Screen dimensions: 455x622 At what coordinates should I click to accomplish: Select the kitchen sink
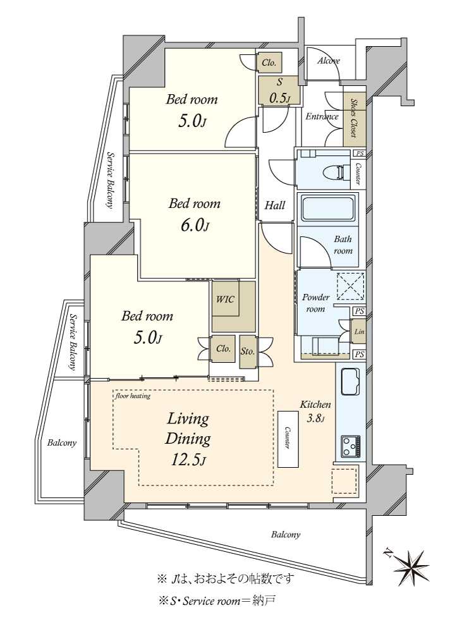click(350, 382)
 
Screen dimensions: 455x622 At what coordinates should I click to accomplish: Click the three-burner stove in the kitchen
click(351, 446)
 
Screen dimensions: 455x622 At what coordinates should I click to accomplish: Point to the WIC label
click(225, 299)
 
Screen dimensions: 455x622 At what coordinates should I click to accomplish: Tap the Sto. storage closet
click(248, 352)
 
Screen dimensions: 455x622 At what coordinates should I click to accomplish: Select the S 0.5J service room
click(279, 90)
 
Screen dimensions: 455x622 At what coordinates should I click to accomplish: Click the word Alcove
click(329, 61)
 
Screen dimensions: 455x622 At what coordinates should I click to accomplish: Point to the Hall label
click(275, 205)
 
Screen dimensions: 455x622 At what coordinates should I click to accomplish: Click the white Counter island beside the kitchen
click(288, 439)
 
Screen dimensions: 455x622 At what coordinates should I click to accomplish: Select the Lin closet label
click(358, 332)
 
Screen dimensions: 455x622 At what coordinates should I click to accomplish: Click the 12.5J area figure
click(188, 460)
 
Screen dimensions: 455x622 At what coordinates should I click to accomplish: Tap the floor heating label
click(133, 396)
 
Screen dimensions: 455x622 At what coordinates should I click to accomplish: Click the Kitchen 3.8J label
click(315, 411)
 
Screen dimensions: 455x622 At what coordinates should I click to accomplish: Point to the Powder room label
click(316, 303)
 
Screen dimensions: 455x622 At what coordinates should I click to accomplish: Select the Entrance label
click(322, 116)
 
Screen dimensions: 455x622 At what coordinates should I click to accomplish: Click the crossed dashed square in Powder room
click(350, 286)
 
